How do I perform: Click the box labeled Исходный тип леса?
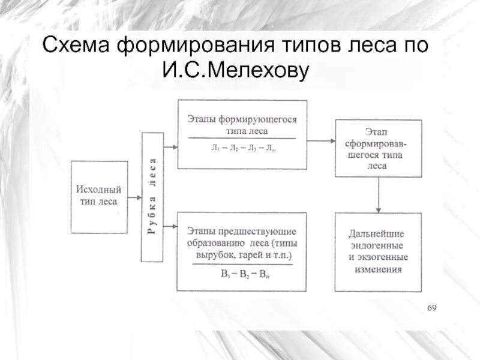click(x=98, y=197)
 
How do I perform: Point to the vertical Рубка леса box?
click(x=152, y=197)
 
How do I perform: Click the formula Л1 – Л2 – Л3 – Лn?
click(x=242, y=146)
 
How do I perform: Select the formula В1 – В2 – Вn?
click(x=242, y=274)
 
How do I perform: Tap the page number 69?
click(x=431, y=308)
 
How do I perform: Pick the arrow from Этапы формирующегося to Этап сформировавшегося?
click(x=321, y=140)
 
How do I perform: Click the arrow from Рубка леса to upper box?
click(x=170, y=146)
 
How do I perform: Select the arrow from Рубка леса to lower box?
click(x=170, y=226)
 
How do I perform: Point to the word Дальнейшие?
click(x=377, y=233)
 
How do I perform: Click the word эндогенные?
click(x=377, y=245)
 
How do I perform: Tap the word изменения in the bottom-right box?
click(x=377, y=269)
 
